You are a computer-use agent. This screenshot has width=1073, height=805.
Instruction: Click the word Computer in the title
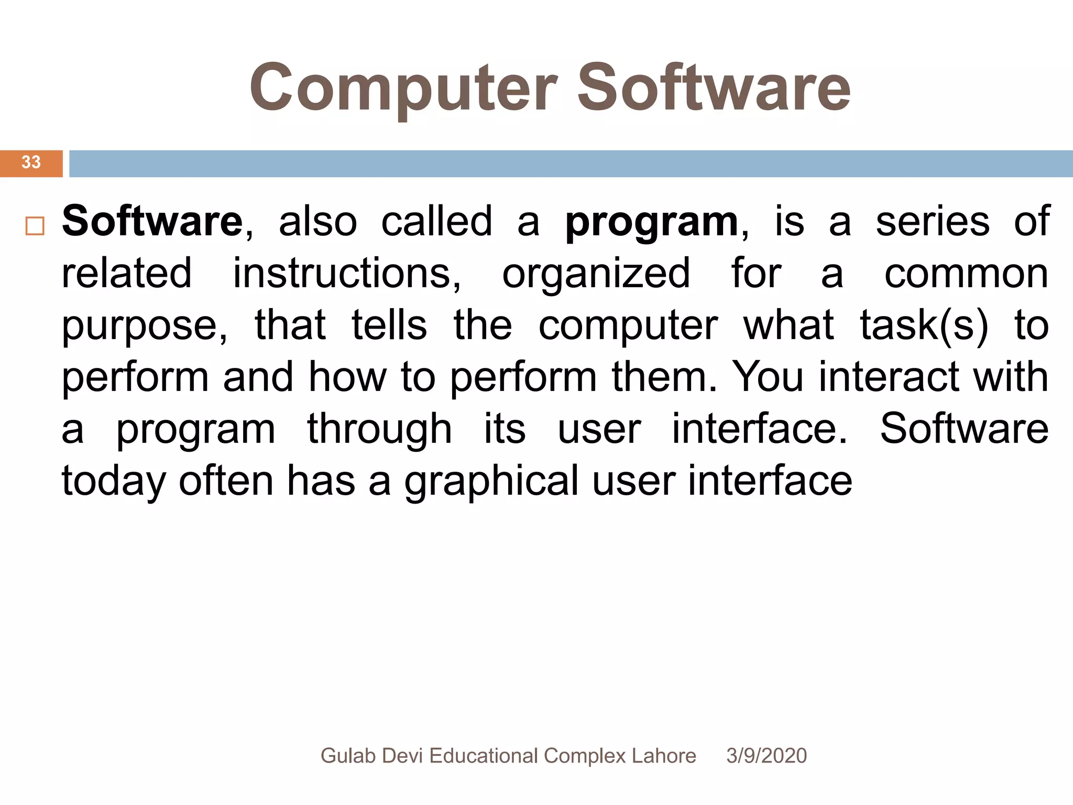pyautogui.click(x=403, y=88)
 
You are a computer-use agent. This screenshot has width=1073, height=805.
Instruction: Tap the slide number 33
pyautogui.click(x=31, y=162)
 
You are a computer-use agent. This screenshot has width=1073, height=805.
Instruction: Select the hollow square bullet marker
pyautogui.click(x=35, y=226)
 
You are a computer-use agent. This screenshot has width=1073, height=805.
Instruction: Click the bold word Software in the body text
pyautogui.click(x=152, y=221)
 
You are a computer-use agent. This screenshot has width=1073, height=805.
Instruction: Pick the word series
pyautogui.click(x=933, y=221)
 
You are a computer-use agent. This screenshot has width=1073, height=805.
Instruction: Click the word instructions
pyautogui.click(x=346, y=273)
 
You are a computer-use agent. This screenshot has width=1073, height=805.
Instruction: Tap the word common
pyautogui.click(x=966, y=274)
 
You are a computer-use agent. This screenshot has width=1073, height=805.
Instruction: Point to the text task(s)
pyautogui.click(x=924, y=325)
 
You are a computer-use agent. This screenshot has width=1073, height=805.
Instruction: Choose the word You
pyautogui.click(x=768, y=377)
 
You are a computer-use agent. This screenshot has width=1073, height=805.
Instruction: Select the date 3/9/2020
pyautogui.click(x=767, y=756)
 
